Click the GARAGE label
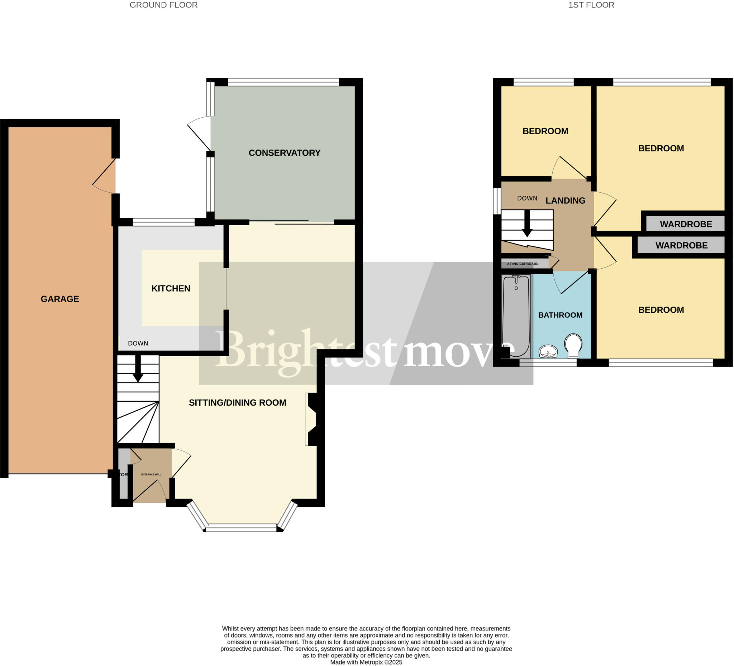[x=60, y=299]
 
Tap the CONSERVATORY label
[x=284, y=153]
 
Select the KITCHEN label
[x=171, y=289]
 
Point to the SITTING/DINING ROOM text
[x=237, y=403]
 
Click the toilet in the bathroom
[x=573, y=345]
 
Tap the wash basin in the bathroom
[x=548, y=352]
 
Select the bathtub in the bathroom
[x=516, y=316]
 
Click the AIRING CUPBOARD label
[x=523, y=264]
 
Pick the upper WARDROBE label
[x=686, y=224]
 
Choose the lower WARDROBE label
[x=681, y=246]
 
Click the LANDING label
[x=565, y=201]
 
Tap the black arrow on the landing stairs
[x=527, y=225]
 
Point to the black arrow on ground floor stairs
[x=138, y=369]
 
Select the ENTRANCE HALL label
[x=151, y=474]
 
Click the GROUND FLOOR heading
[x=163, y=5]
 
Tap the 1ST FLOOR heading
[x=591, y=5]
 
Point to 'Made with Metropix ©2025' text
[x=366, y=662]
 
